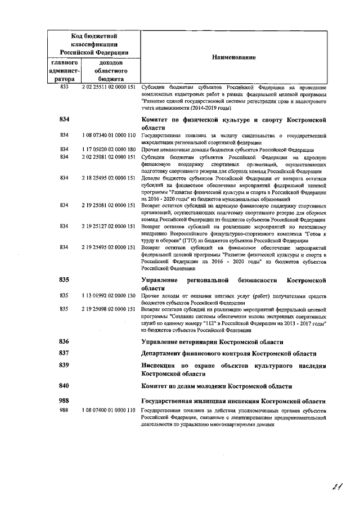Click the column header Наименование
tap(233, 58)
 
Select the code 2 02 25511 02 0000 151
tap(109, 88)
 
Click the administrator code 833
tap(64, 88)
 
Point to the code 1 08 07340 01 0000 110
tap(109, 136)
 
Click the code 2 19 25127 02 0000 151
tap(109, 226)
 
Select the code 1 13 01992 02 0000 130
tap(109, 295)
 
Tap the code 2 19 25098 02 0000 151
tap(109, 309)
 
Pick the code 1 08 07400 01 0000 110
tap(109, 411)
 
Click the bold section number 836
tap(64, 341)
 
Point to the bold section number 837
tap(64, 353)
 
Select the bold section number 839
tap(64, 365)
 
